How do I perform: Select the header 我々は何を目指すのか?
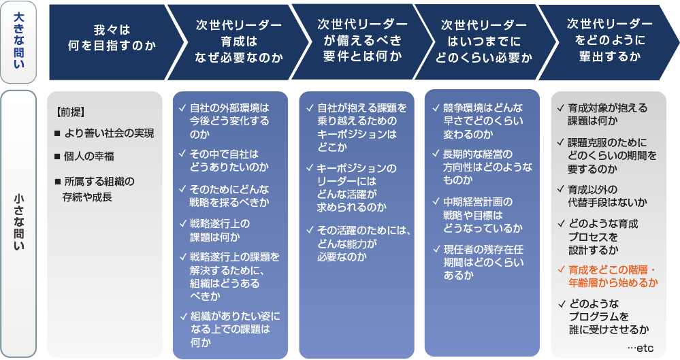coord(112,43)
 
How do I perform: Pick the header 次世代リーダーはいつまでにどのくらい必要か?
coord(483,43)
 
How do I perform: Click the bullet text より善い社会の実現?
coord(109,133)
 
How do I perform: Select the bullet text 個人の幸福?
coord(91,157)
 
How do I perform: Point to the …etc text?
coord(640,348)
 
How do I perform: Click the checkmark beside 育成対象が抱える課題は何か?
coord(560,108)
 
